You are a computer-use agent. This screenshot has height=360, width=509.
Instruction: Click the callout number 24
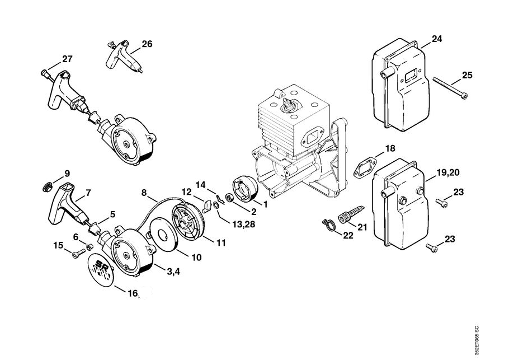click(x=437, y=39)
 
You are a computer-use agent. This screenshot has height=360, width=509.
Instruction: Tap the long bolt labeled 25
click(x=450, y=87)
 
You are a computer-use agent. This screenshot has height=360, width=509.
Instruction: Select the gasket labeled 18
click(x=365, y=167)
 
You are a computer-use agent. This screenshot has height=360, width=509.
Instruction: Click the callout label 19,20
click(x=448, y=173)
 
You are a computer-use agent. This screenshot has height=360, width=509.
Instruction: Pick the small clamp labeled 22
click(x=328, y=225)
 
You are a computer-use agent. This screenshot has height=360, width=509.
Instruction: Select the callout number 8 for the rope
click(x=144, y=193)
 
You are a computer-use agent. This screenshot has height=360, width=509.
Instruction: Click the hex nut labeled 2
click(x=228, y=197)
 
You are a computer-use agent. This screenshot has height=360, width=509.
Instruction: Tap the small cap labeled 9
click(x=48, y=187)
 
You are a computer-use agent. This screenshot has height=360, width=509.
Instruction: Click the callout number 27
click(x=67, y=59)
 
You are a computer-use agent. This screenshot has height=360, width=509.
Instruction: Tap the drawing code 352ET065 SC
click(x=476, y=341)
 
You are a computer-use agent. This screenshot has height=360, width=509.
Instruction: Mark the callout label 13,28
click(x=243, y=224)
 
